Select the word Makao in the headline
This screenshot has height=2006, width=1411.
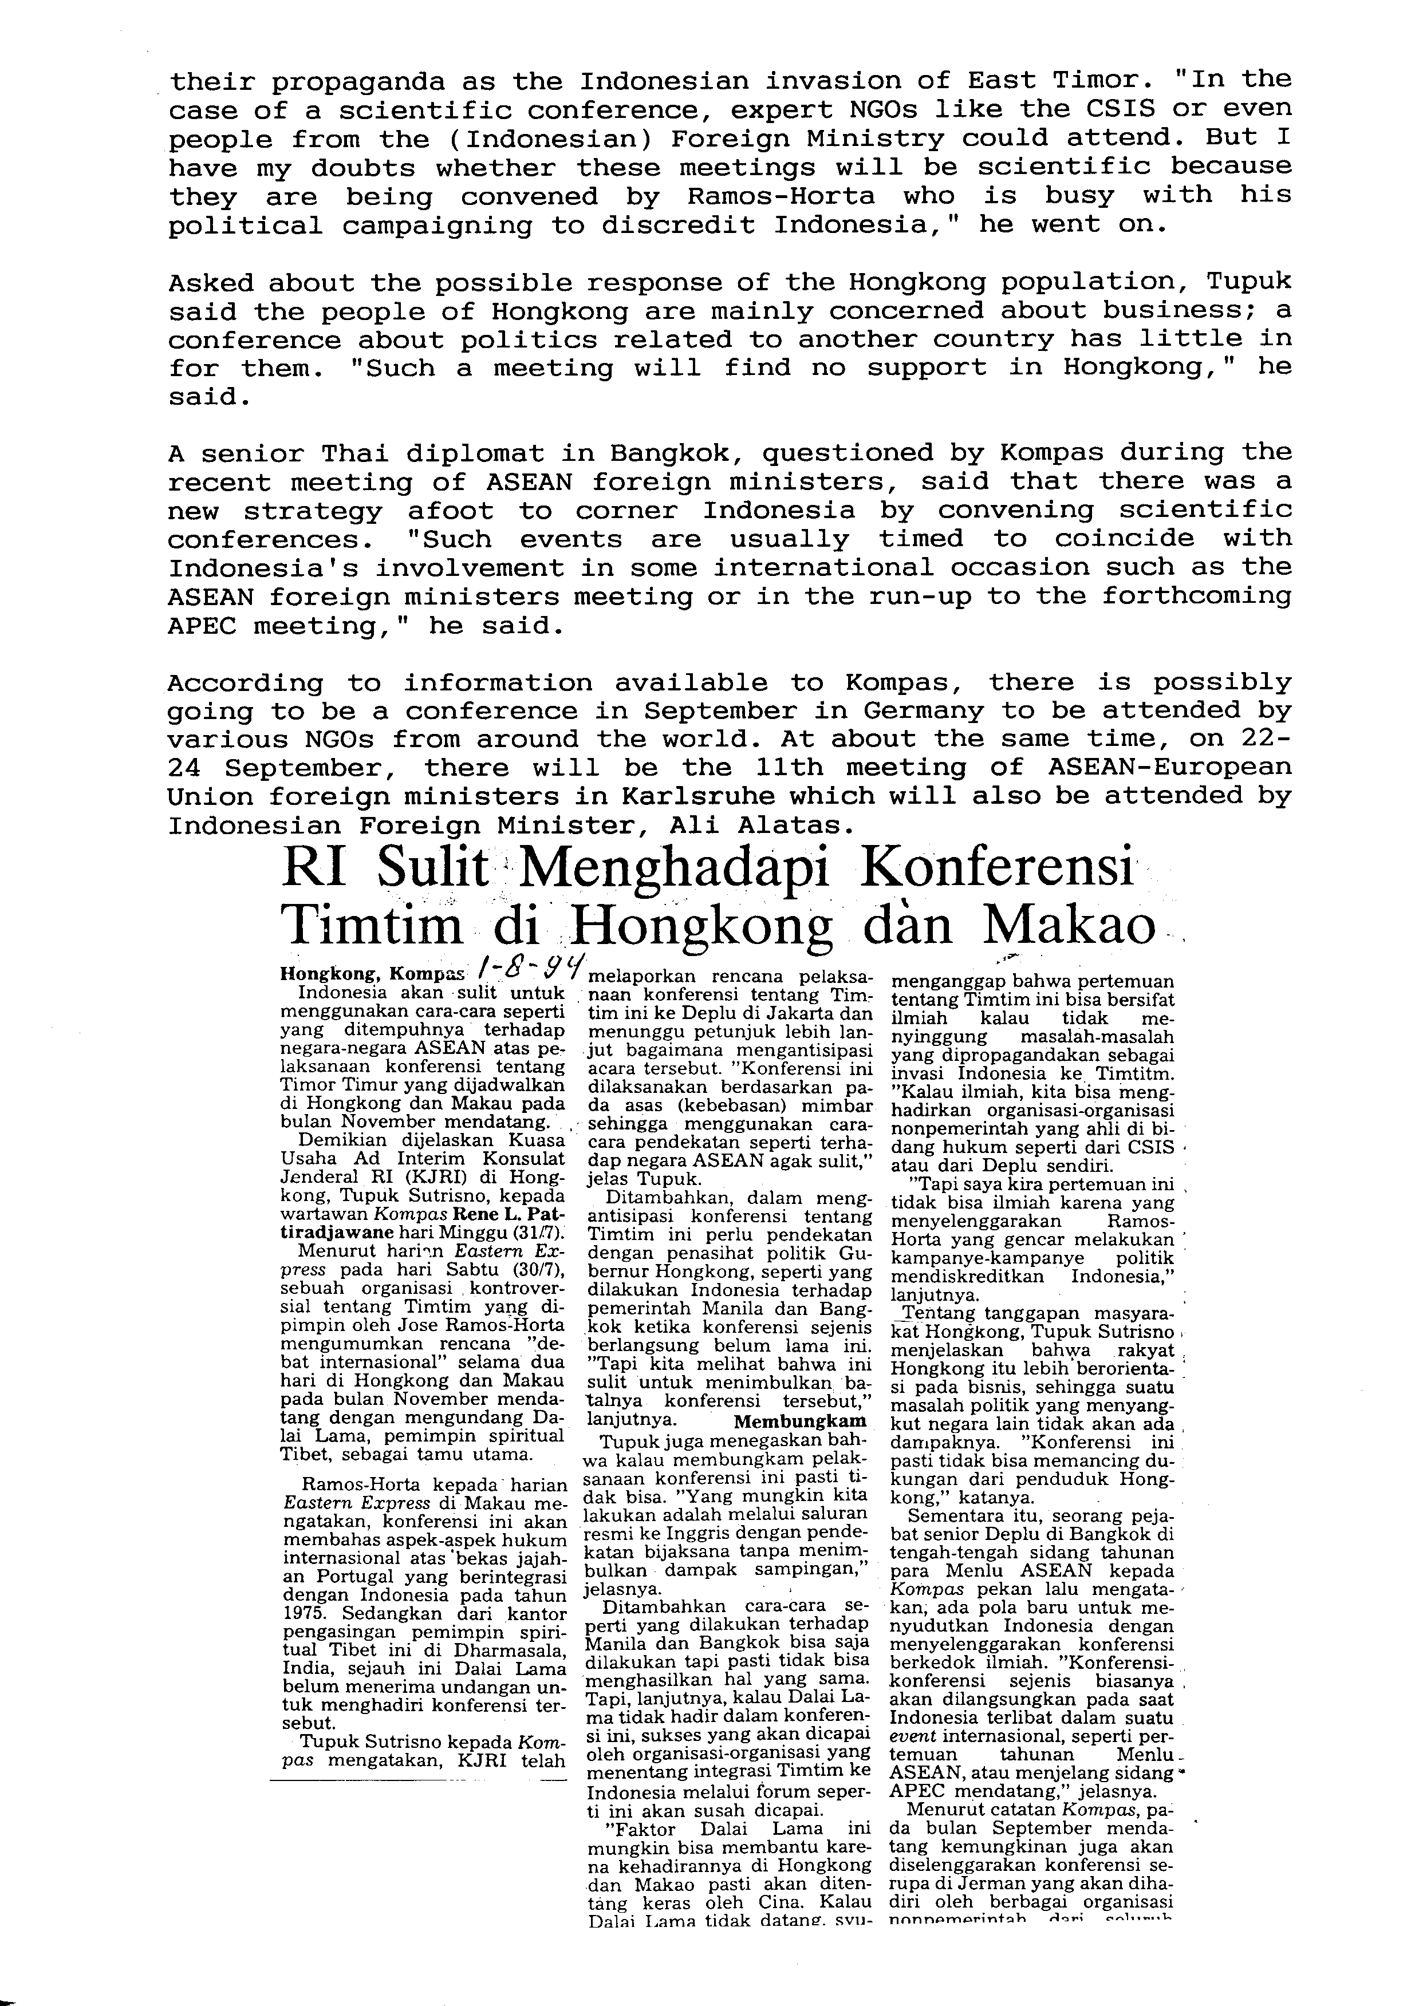pyautogui.click(x=1070, y=925)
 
